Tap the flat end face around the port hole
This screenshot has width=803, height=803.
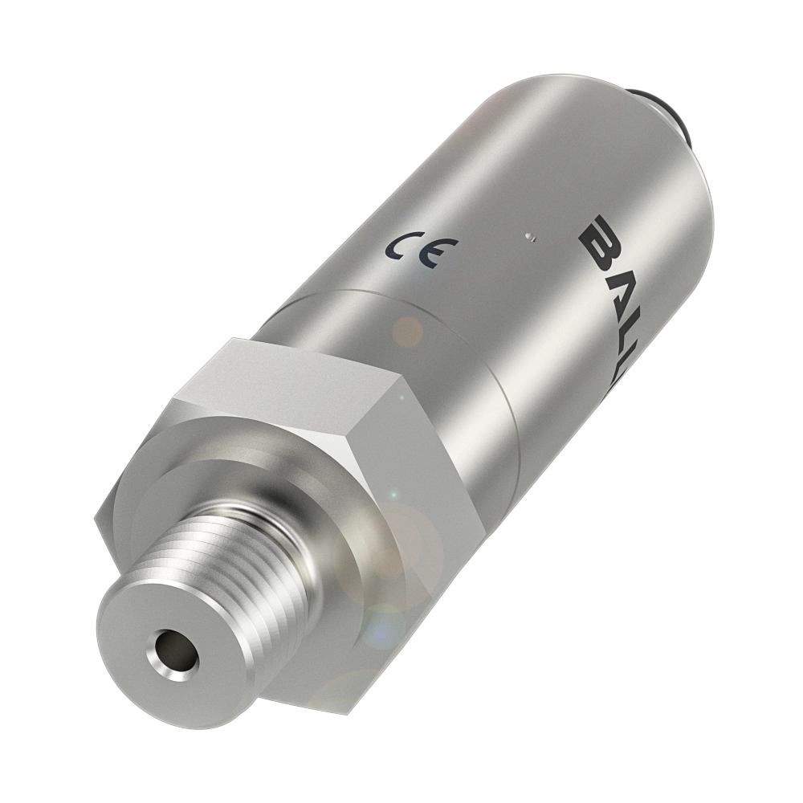click(x=145, y=634)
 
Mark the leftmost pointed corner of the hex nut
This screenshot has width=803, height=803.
click(x=94, y=522)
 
